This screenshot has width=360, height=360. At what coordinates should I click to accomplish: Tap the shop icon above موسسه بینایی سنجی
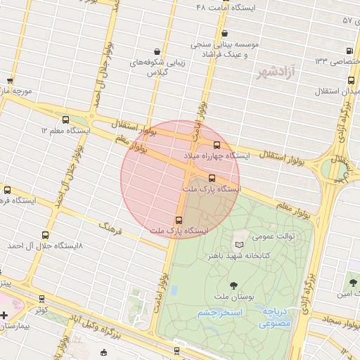point(224,33)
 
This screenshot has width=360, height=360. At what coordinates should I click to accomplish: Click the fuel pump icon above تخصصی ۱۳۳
point(350,51)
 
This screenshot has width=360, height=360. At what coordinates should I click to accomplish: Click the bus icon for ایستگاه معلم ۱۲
point(66,120)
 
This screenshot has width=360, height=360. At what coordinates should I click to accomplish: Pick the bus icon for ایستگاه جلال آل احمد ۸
point(46,235)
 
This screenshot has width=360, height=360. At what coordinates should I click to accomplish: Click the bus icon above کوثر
point(42,298)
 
